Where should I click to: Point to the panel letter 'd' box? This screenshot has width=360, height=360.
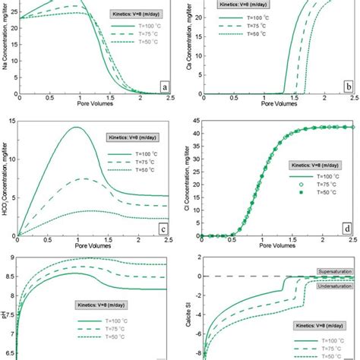(x=346, y=226)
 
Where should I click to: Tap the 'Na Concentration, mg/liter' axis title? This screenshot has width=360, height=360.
(x=7, y=46)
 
